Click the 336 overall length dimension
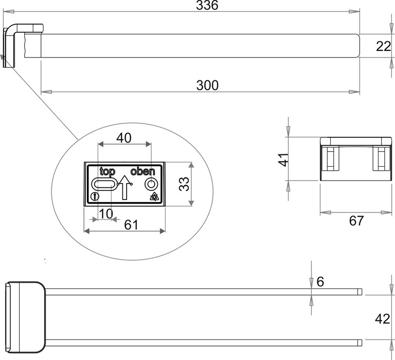click(207, 6)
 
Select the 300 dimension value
click(207, 85)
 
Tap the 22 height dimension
click(383, 46)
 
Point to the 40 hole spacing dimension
click(124, 138)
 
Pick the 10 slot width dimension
click(105, 213)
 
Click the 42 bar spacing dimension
click(382, 319)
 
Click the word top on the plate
click(107, 172)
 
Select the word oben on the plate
click(142, 172)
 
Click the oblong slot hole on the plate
click(104, 185)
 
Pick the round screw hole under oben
click(151, 184)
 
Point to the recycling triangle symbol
click(153, 196)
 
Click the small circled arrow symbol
click(93, 196)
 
